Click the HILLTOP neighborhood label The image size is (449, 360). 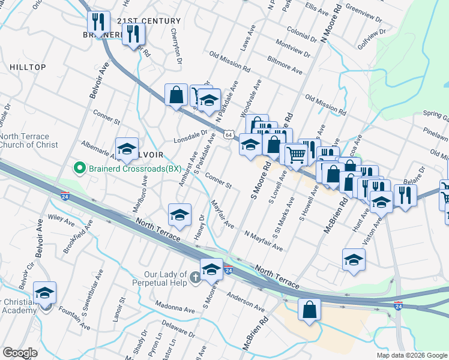click(x=27, y=67)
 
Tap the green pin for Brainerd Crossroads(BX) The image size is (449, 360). click(x=76, y=169)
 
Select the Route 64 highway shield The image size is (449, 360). click(x=229, y=134)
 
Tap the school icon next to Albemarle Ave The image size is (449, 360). click(x=127, y=149)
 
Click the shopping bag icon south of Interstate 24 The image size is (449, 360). click(x=309, y=310)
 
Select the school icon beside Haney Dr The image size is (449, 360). click(x=179, y=215)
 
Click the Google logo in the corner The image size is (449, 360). click(x=20, y=353)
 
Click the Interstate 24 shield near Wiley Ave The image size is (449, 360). click(x=65, y=196)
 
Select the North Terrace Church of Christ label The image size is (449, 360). click(x=29, y=140)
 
